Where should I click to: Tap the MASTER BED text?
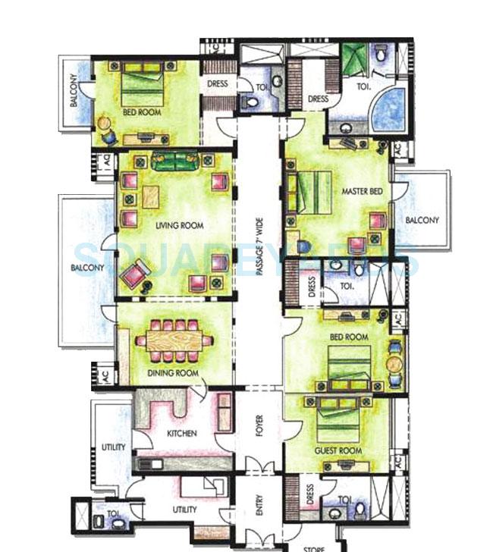pyautogui.click(x=362, y=192)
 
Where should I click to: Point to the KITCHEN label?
pyautogui.click(x=182, y=434)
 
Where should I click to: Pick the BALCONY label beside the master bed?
pyautogui.click(x=422, y=220)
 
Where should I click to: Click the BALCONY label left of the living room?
pyautogui.click(x=87, y=268)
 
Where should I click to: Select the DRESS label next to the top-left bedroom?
pyautogui.click(x=218, y=84)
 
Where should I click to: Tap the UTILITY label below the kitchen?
pyautogui.click(x=184, y=510)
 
